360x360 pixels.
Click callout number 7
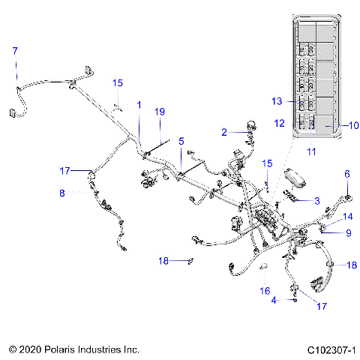coord(13,50)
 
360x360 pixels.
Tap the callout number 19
coord(159,112)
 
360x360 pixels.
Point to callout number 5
coord(181,140)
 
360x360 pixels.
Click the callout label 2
coord(223,132)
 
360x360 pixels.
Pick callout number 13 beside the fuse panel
coord(277,100)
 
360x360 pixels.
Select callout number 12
coord(278,122)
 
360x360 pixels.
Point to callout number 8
coord(63,193)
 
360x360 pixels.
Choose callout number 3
coord(317,200)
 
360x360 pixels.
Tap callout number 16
coord(264,290)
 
